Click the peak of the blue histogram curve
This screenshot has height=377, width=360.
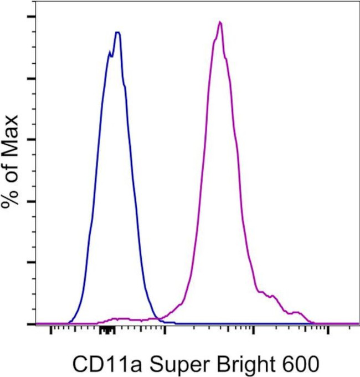coord(117,32)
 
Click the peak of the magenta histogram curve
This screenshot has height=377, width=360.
coord(220,22)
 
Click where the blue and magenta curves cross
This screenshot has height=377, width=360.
coord(158,318)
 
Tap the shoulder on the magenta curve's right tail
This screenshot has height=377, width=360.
coord(271,296)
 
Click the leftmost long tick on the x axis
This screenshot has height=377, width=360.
coord(51,332)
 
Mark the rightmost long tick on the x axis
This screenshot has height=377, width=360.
coord(328,332)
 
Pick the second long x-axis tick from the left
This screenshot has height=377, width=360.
coord(164,332)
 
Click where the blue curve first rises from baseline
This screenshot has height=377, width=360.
coord(69,322)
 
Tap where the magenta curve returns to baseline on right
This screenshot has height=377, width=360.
coord(313,322)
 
